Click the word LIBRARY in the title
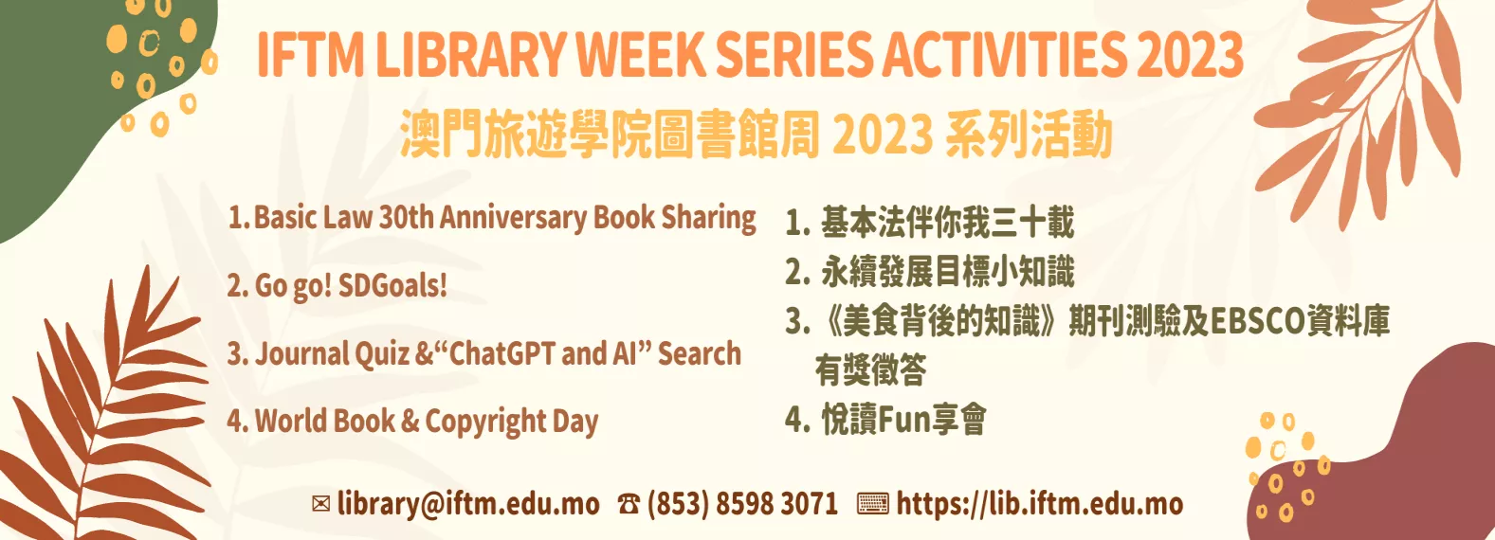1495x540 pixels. tap(470, 55)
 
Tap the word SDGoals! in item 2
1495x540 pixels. tap(392, 285)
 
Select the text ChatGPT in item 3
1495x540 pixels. tap(501, 353)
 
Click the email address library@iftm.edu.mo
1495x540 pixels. tap(468, 504)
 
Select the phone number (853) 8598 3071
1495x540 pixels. tap(742, 504)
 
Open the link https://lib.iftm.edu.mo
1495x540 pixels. tap(1039, 504)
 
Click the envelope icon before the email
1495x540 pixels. tap(321, 504)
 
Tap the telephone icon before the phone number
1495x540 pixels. tap(629, 504)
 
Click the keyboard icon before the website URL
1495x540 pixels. tap(872, 504)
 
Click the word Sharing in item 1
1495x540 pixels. tap(708, 218)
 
